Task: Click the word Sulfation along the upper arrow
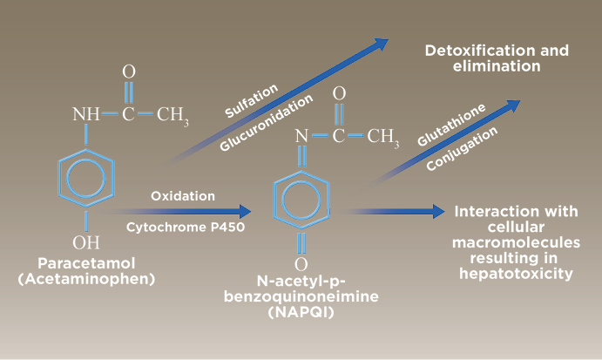pyautogui.click(x=251, y=100)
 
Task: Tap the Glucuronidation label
pyautogui.click(x=266, y=123)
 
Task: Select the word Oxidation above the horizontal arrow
pyautogui.click(x=183, y=196)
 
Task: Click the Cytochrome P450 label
pyautogui.click(x=186, y=227)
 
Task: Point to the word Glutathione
pyautogui.click(x=451, y=125)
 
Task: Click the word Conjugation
pyautogui.click(x=462, y=149)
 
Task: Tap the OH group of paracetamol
pyautogui.click(x=86, y=242)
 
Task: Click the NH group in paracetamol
pyautogui.click(x=86, y=114)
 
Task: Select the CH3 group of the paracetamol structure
pyautogui.click(x=172, y=115)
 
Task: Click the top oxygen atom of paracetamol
pyautogui.click(x=129, y=71)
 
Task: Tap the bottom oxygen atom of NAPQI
pyautogui.click(x=301, y=264)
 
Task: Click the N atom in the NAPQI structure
pyautogui.click(x=301, y=136)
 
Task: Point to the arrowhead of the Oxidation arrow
pyautogui.click(x=245, y=211)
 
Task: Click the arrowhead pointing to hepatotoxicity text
pyautogui.click(x=439, y=211)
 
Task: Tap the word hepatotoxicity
pyautogui.click(x=516, y=274)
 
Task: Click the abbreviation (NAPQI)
pyautogui.click(x=301, y=312)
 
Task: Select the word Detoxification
pyautogui.click(x=476, y=51)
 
